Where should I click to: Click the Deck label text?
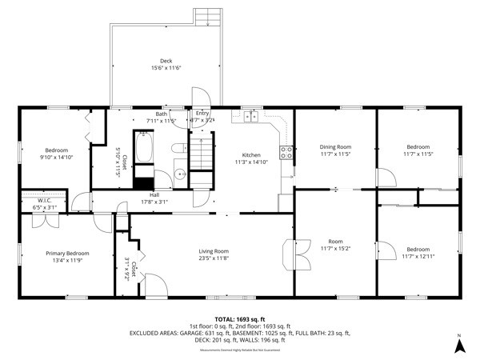[166, 61]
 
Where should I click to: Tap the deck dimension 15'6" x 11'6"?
[166, 68]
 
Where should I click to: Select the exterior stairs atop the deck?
[206, 16]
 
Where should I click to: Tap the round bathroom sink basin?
[179, 174]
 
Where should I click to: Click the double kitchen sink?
[251, 117]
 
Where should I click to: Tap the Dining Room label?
[335, 146]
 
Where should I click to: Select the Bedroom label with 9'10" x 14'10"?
[56, 150]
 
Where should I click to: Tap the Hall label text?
[154, 194]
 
